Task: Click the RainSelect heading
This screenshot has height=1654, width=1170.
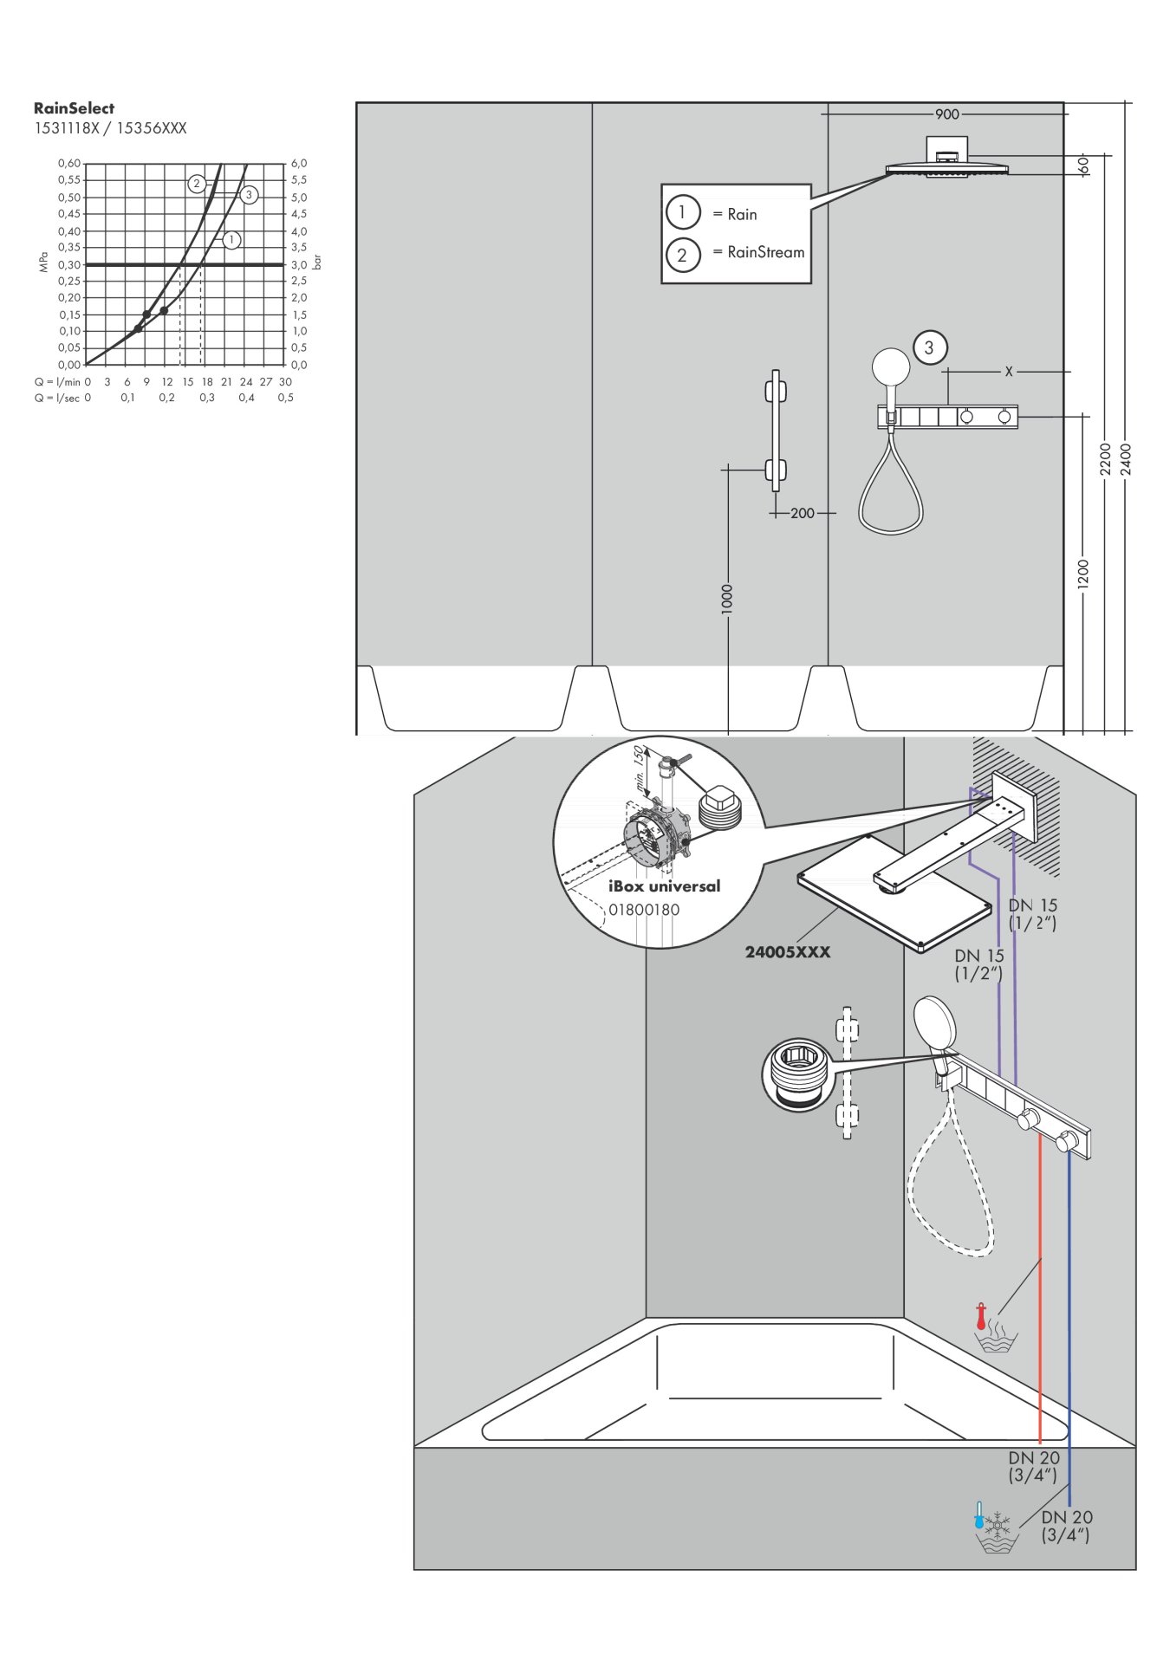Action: [x=74, y=108]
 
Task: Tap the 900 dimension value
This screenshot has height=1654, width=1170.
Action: [x=947, y=114]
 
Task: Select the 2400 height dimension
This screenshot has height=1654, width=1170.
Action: [x=1126, y=458]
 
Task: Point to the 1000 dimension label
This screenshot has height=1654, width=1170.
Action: [x=727, y=600]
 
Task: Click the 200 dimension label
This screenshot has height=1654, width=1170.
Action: [x=803, y=513]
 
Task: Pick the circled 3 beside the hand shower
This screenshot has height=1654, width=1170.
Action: [x=929, y=347]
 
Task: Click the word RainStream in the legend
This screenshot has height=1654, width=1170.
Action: [x=766, y=252]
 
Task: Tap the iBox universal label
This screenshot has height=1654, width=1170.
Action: [x=664, y=885]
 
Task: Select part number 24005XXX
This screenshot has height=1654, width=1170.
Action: [x=788, y=951]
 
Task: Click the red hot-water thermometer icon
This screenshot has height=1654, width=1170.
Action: [x=981, y=1316]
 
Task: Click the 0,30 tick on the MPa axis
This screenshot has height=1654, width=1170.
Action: [x=69, y=264]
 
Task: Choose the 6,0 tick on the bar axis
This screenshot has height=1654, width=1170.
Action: [x=299, y=164]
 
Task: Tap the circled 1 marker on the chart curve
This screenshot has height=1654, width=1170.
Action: [x=231, y=240]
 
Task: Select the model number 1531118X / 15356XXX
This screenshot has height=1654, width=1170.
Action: [x=110, y=128]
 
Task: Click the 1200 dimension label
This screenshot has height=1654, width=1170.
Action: [x=1082, y=574]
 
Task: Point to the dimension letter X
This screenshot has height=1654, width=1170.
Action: [x=1009, y=372]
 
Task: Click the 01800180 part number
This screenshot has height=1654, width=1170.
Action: [x=644, y=910]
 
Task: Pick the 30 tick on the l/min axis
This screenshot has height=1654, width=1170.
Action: [x=285, y=381]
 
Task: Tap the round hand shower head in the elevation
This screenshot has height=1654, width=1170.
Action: [x=890, y=367]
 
